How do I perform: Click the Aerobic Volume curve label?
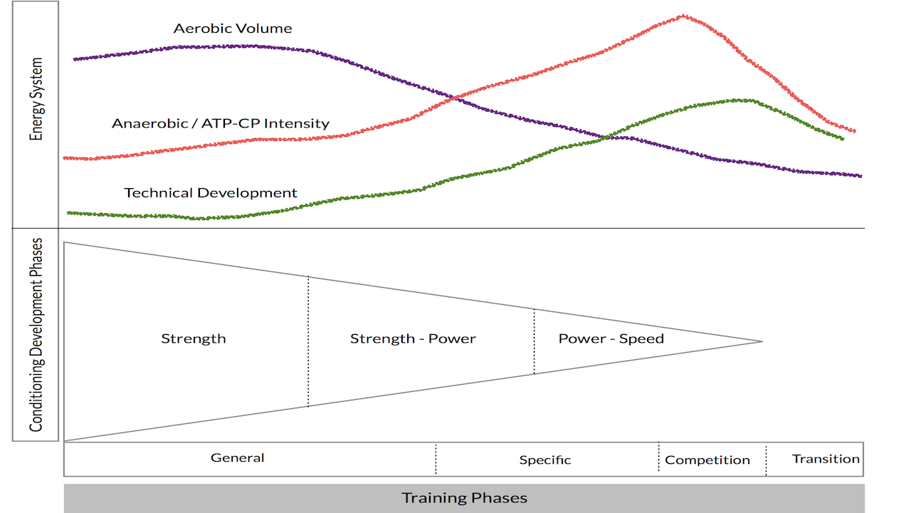pyautogui.click(x=233, y=28)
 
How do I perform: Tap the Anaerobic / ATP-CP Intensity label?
pyautogui.click(x=221, y=123)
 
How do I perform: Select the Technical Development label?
pyautogui.click(x=211, y=192)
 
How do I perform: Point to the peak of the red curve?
pyautogui.click(x=683, y=15)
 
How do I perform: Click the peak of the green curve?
pyautogui.click(x=744, y=100)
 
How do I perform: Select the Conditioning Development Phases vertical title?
pyautogui.click(x=36, y=335)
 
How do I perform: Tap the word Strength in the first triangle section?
pyautogui.click(x=194, y=338)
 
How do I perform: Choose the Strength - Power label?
pyautogui.click(x=413, y=338)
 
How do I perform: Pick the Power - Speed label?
pyautogui.click(x=611, y=338)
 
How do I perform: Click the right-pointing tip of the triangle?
pyautogui.click(x=762, y=341)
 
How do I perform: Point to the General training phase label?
pyautogui.click(x=238, y=457)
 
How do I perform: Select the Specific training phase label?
pyautogui.click(x=545, y=460)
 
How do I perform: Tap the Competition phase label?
pyautogui.click(x=707, y=460)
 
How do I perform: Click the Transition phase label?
pyautogui.click(x=826, y=459)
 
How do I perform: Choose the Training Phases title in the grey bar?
pyautogui.click(x=464, y=497)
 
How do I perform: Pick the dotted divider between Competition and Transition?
pyautogui.click(x=766, y=460)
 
